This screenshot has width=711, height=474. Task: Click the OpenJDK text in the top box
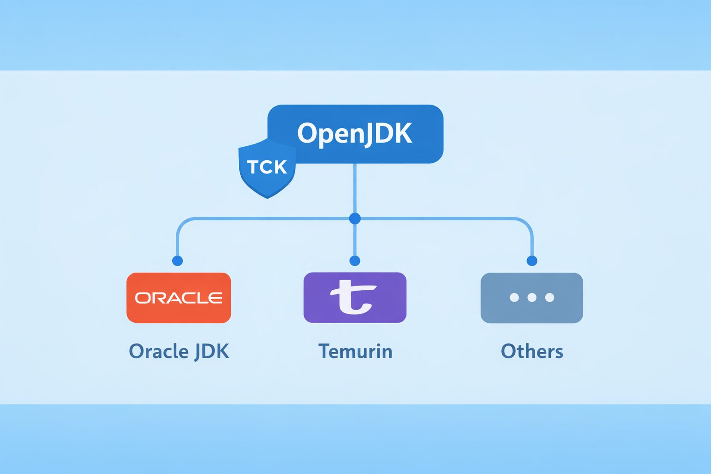(355, 134)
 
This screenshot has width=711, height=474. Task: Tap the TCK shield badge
(267, 168)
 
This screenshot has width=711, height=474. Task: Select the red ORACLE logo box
(179, 298)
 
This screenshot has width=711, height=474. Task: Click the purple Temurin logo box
(355, 298)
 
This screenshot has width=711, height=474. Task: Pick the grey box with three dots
(532, 298)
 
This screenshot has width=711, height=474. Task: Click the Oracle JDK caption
(179, 351)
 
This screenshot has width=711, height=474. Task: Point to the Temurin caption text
(355, 351)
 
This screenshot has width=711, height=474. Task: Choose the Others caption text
(532, 351)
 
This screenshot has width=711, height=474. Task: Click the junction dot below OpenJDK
(355, 218)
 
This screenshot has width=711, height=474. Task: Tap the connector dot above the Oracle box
(177, 261)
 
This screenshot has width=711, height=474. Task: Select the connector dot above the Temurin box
(355, 261)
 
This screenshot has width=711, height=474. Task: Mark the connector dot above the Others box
(532, 261)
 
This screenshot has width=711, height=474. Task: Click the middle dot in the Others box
(532, 298)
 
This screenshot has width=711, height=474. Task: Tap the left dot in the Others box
(514, 298)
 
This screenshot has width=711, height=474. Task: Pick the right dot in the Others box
(549, 298)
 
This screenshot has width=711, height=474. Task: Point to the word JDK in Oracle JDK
(212, 351)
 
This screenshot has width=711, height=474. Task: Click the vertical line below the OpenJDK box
(355, 190)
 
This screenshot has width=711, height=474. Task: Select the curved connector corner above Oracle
(181, 223)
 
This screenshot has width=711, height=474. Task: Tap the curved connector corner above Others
(527, 223)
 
